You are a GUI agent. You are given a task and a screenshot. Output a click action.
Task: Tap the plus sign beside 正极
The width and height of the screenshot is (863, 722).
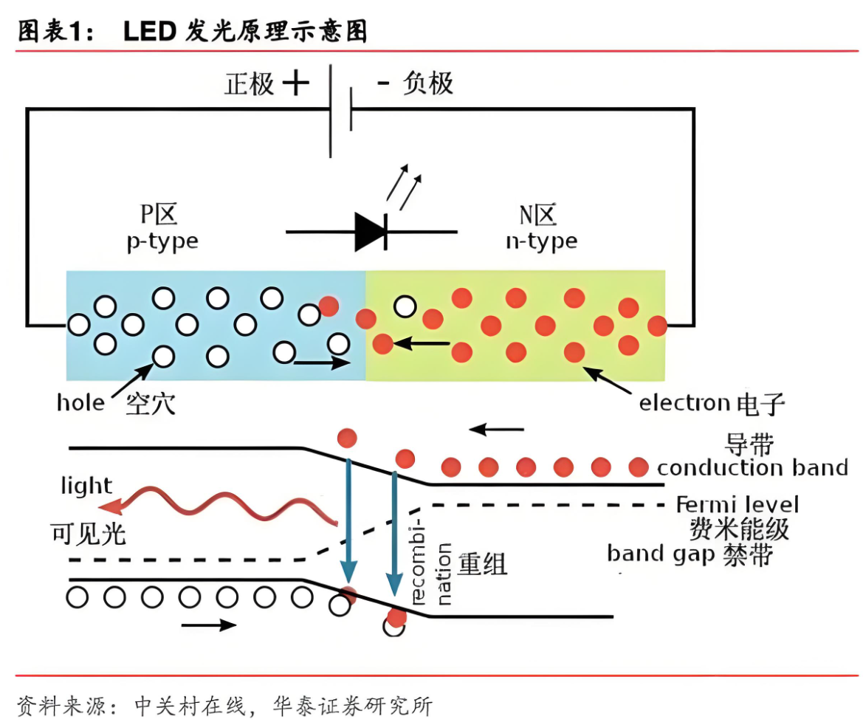(x=295, y=83)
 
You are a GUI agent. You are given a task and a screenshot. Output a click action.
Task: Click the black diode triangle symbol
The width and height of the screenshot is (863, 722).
(x=371, y=231)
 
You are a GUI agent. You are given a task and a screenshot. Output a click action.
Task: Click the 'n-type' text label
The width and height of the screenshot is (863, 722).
(x=541, y=241)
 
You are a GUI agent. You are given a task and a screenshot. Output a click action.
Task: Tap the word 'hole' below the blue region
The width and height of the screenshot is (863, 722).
(x=80, y=402)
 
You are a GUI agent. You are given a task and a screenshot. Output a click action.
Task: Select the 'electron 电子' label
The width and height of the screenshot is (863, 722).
(x=711, y=403)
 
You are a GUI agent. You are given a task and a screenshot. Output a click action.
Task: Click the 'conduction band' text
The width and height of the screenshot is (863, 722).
(x=752, y=467)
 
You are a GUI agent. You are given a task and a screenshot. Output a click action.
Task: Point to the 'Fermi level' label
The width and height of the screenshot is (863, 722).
(x=737, y=505)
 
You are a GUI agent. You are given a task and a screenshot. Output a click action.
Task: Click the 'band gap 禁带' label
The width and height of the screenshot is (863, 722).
(x=690, y=554)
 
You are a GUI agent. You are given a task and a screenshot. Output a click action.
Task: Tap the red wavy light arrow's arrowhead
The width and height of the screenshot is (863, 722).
(x=113, y=506)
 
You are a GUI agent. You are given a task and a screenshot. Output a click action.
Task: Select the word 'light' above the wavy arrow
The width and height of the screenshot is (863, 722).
(x=86, y=486)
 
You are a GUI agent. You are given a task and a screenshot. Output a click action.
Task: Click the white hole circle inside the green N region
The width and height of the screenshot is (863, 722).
(x=405, y=306)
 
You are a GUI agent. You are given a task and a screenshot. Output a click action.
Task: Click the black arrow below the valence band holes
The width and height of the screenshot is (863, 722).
(x=209, y=625)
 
